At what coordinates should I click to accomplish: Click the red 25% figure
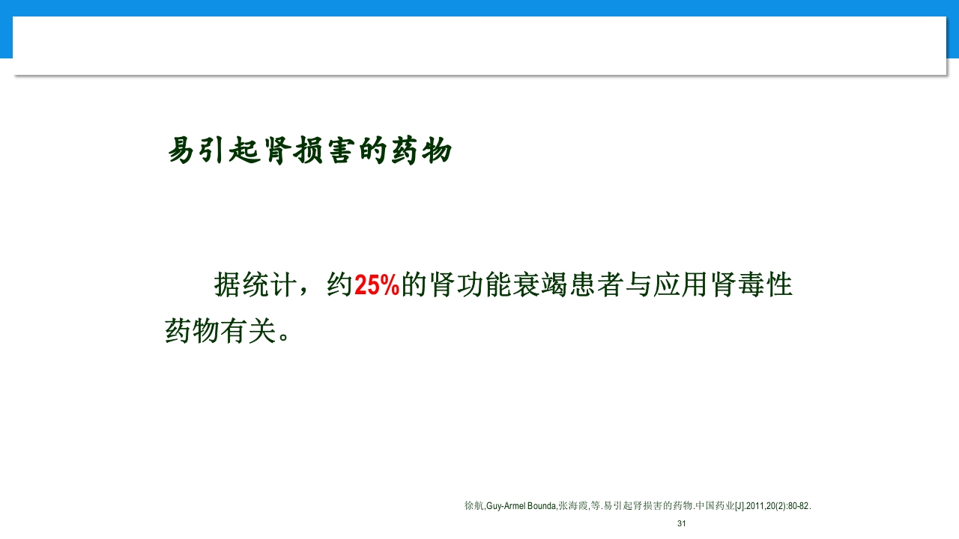click(377, 286)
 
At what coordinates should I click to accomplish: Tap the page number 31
click(681, 523)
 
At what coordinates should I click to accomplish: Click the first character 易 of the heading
click(181, 150)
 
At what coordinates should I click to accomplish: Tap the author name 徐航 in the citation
click(474, 506)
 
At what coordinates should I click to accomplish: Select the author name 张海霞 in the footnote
click(573, 506)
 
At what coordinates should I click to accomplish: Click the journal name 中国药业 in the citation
click(715, 506)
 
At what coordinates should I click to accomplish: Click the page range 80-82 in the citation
click(798, 506)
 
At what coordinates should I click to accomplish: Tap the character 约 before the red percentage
click(339, 285)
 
